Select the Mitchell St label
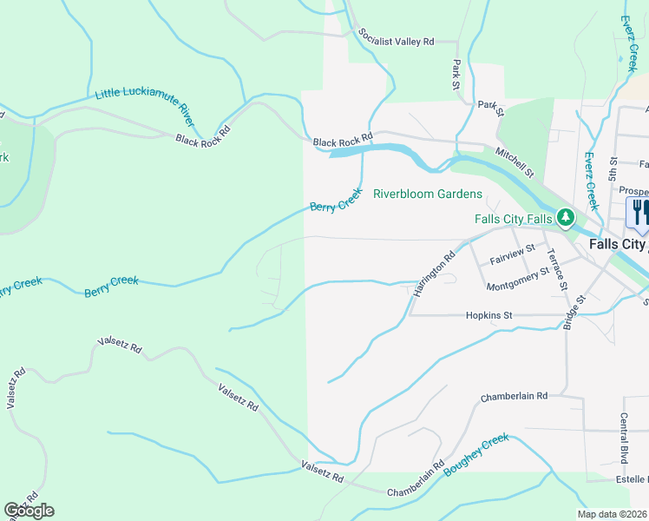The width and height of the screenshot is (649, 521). (x=515, y=162)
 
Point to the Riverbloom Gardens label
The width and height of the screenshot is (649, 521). (x=427, y=194)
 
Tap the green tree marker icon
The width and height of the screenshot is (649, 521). (x=566, y=217)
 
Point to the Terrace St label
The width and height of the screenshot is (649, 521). (x=556, y=269)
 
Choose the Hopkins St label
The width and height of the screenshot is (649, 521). (x=489, y=316)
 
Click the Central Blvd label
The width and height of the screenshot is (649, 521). (x=623, y=438)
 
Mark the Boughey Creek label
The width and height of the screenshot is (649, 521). (x=476, y=454)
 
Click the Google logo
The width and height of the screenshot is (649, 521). (x=29, y=511)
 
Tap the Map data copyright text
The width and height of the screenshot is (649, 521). (x=612, y=514)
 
